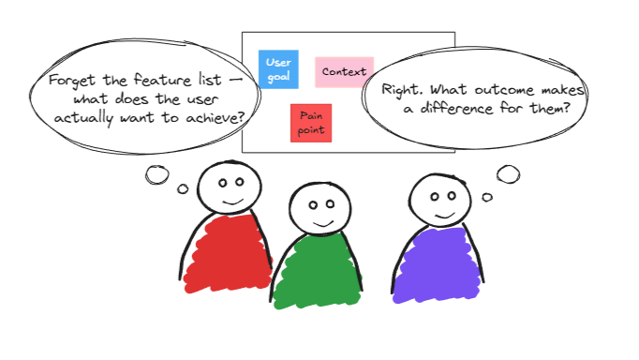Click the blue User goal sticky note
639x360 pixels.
pyautogui.click(x=277, y=69)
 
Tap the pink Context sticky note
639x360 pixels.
pyautogui.click(x=344, y=71)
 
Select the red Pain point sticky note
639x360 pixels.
pyautogui.click(x=311, y=123)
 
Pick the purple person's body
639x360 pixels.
pyautogui.click(x=438, y=262)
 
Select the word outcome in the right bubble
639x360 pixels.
pyautogui.click(x=505, y=90)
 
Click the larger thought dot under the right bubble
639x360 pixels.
pyautogui.click(x=507, y=173)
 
